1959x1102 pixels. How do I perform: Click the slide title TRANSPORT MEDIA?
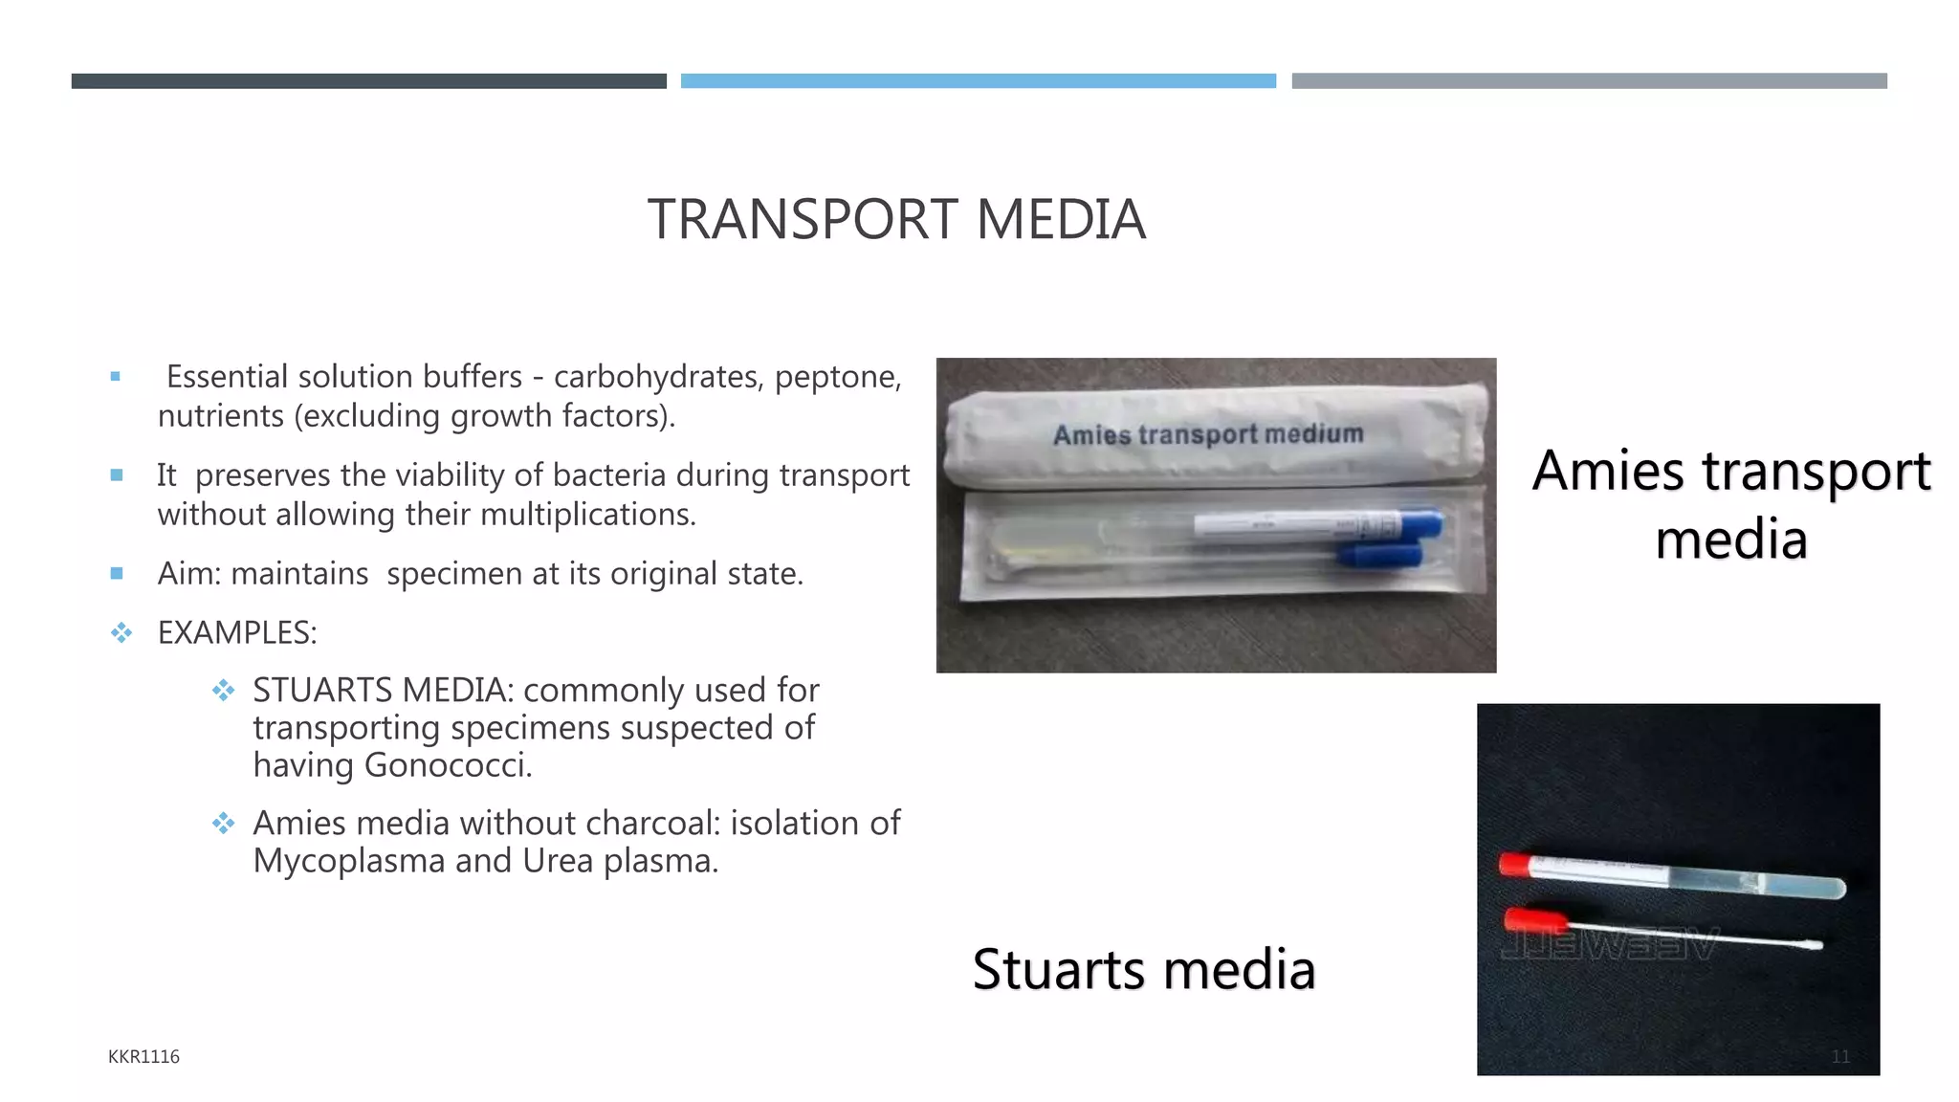[896, 219]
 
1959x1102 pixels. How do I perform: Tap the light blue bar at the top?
[978, 81]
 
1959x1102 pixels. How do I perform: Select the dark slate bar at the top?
[368, 81]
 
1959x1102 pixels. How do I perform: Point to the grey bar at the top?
[1589, 81]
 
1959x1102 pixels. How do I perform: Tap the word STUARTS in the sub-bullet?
[322, 690]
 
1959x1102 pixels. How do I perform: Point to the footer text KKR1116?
[143, 1056]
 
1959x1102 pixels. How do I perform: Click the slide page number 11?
[1840, 1056]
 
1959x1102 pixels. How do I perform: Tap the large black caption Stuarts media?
[1144, 969]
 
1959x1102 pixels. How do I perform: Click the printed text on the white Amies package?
[1208, 434]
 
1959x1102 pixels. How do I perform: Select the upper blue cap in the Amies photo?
[1421, 523]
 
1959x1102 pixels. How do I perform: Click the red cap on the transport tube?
[1515, 865]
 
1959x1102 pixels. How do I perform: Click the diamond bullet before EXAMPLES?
[121, 632]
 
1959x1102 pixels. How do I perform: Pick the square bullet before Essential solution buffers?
[116, 377]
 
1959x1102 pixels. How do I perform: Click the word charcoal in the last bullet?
[653, 823]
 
